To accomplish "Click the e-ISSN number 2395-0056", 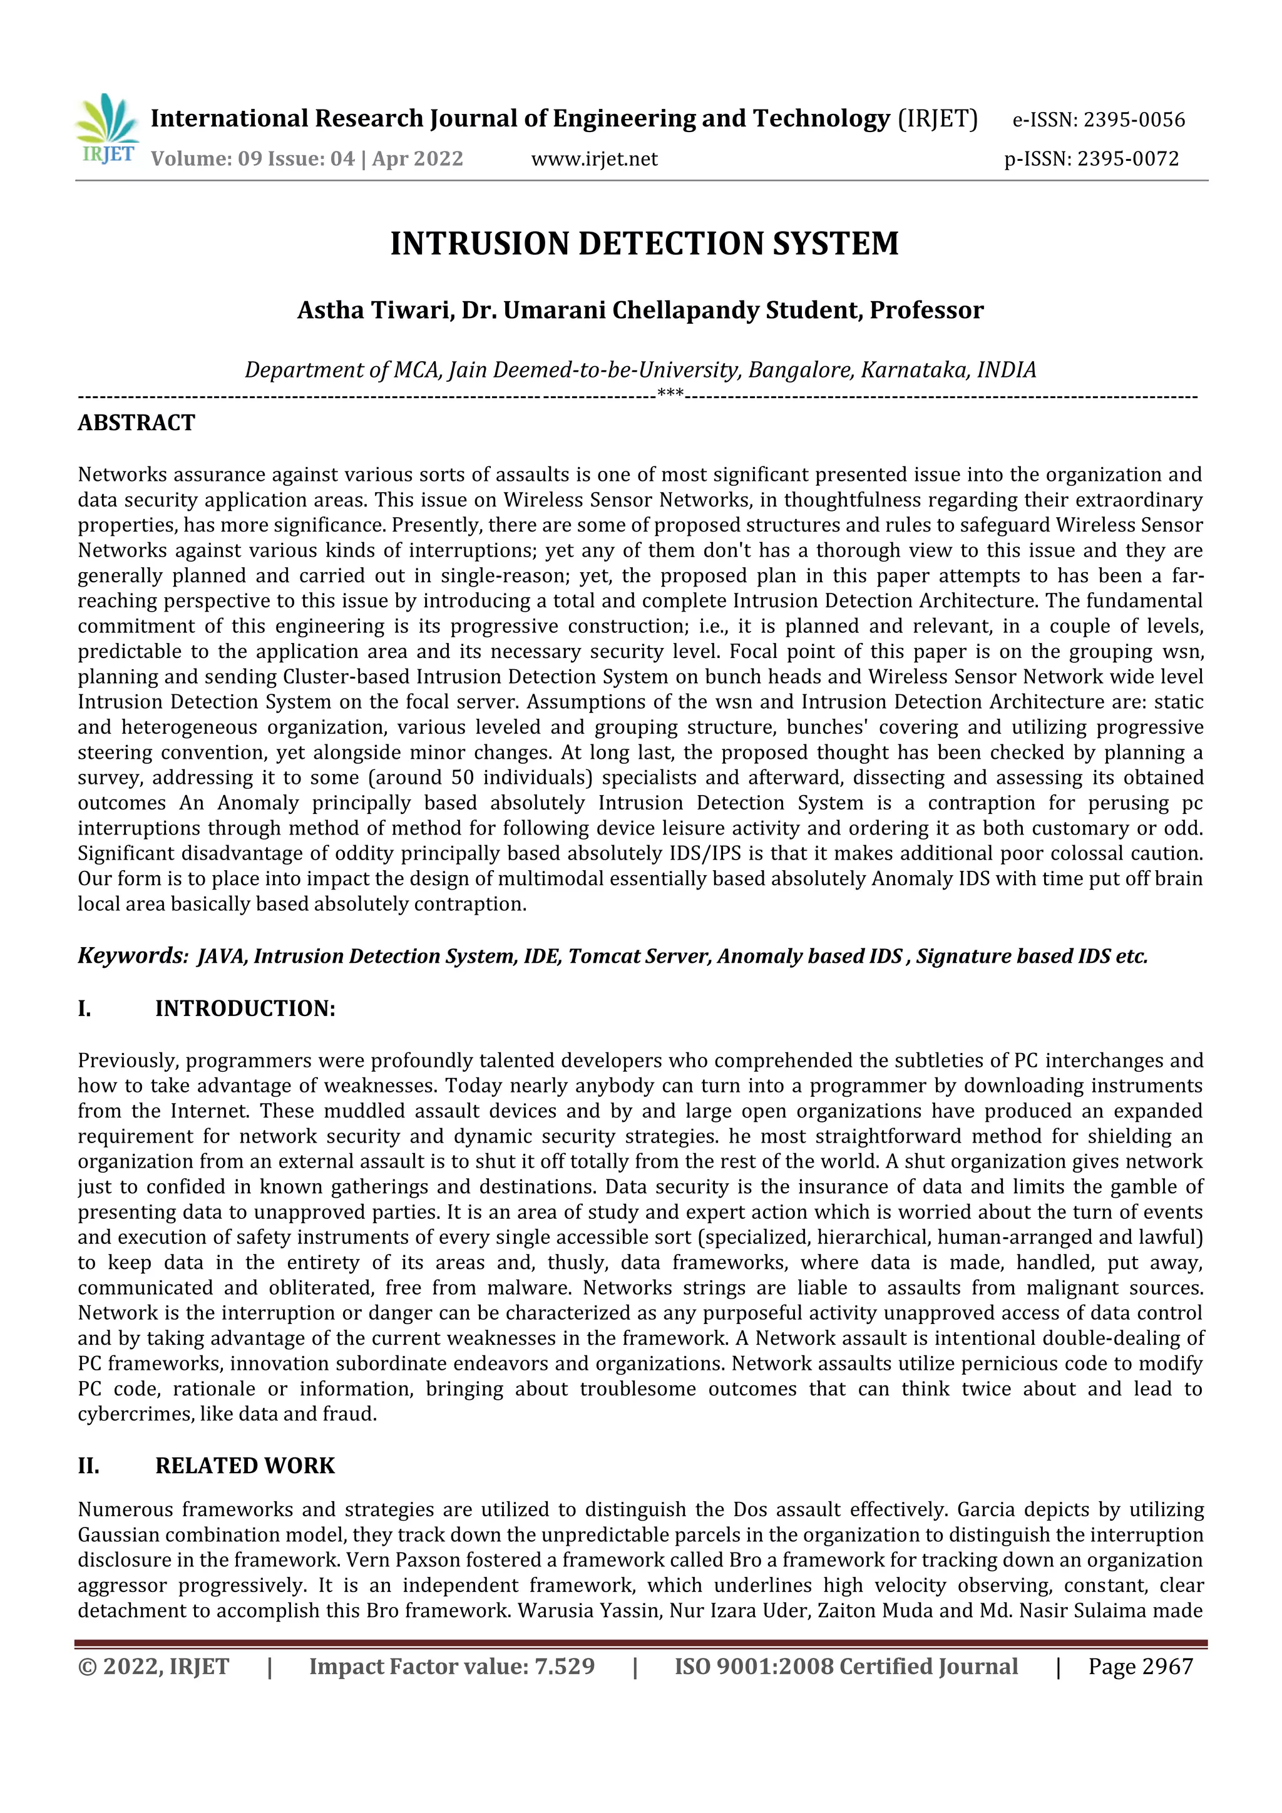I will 1134,120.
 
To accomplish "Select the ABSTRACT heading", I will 136,423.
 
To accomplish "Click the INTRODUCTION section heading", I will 245,1009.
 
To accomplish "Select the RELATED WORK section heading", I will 245,1466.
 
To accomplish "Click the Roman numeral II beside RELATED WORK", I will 88,1466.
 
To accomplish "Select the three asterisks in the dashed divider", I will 670,393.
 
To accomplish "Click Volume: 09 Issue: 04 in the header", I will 253,159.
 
